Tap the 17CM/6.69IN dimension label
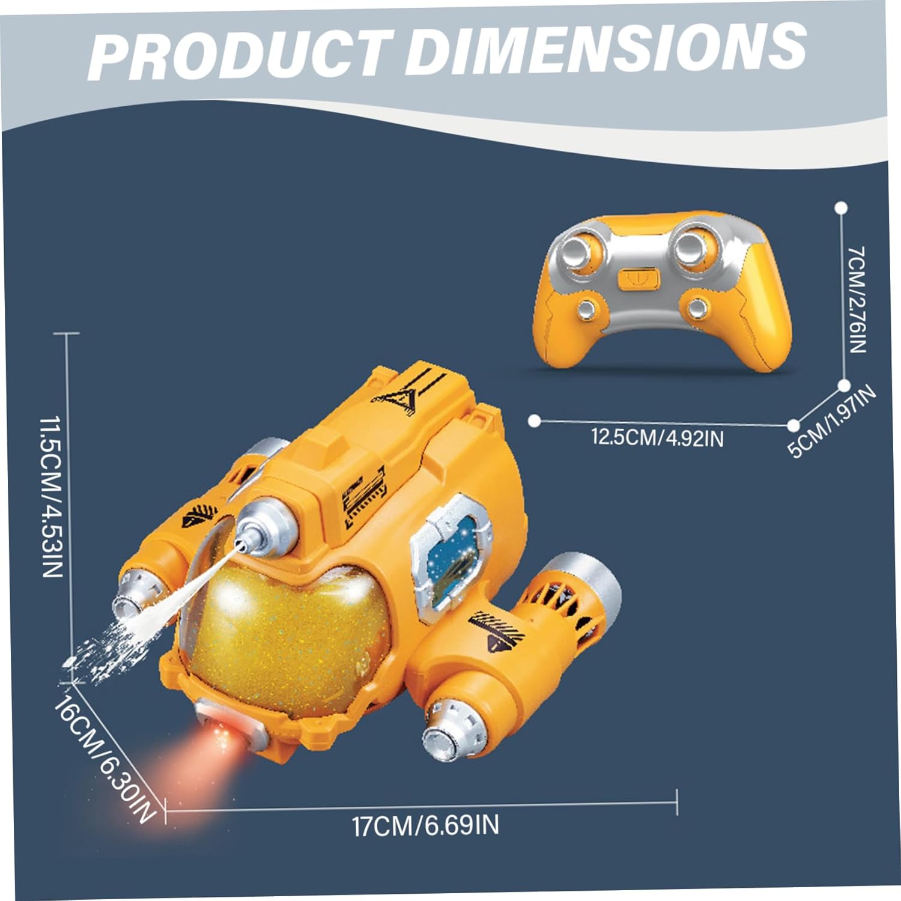tap(425, 825)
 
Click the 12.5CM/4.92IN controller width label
tap(657, 437)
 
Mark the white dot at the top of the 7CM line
tap(841, 208)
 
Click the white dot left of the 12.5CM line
tap(534, 420)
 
